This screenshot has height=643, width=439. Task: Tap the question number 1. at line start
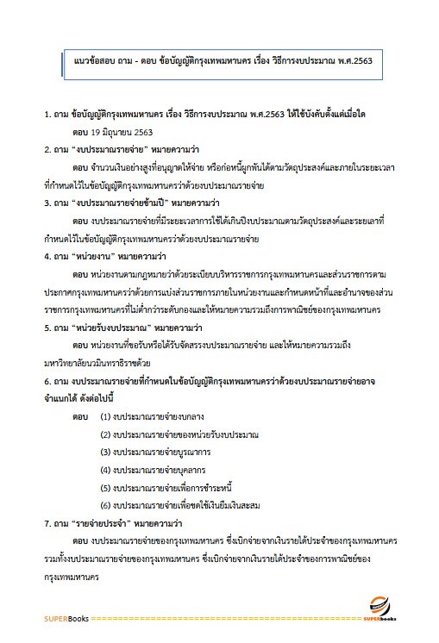(x=48, y=114)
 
